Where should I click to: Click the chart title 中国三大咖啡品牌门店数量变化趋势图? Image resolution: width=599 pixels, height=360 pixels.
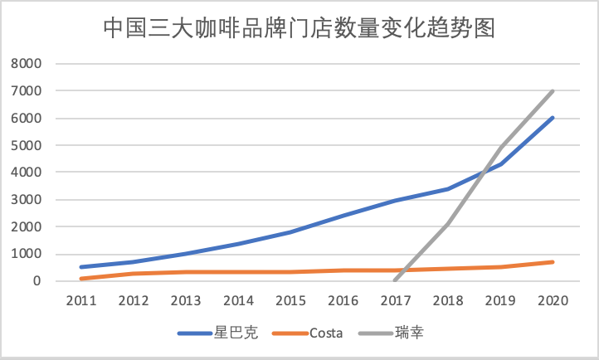pyautogui.click(x=299, y=28)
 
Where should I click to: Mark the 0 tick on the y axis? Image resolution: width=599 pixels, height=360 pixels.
pyautogui.click(x=37, y=281)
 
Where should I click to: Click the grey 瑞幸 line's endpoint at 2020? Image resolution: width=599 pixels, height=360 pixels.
pyautogui.click(x=553, y=91)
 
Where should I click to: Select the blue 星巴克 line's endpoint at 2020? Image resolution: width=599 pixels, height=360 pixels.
pyautogui.click(x=553, y=118)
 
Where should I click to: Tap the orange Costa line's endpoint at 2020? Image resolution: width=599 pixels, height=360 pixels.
pyautogui.click(x=553, y=262)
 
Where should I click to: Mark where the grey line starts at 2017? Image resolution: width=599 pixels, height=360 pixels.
pyautogui.click(x=395, y=280)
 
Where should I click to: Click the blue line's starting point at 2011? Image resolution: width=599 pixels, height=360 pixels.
pyautogui.click(x=80, y=267)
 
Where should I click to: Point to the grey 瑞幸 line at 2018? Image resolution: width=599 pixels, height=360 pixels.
pyautogui.click(x=449, y=224)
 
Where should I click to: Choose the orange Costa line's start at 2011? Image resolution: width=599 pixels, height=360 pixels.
pyautogui.click(x=80, y=279)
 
